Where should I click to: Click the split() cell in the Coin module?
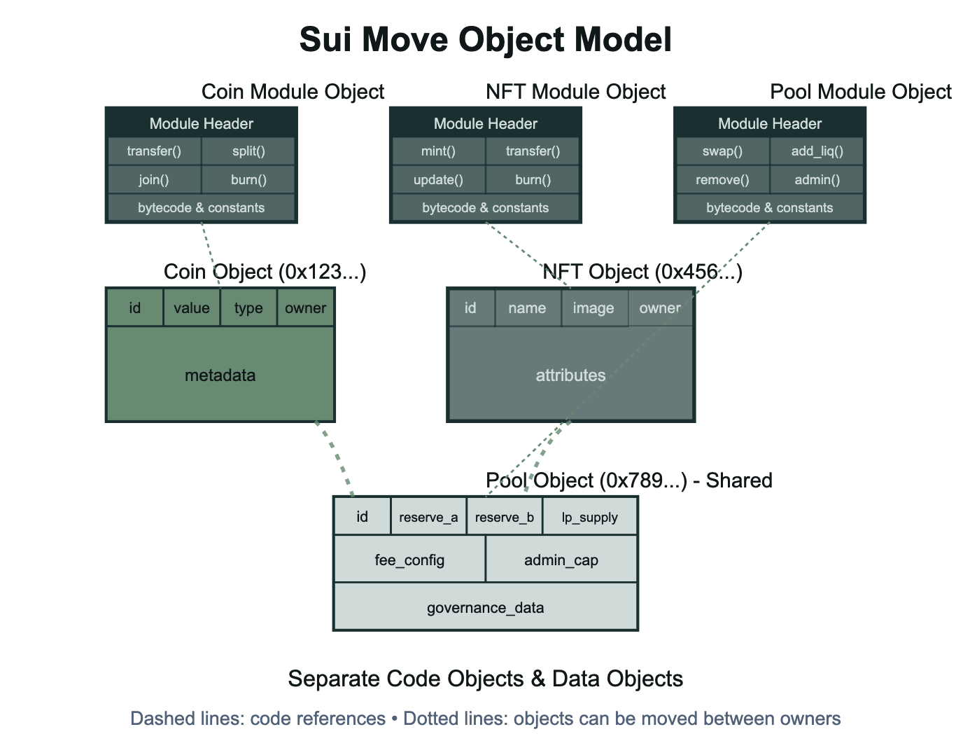point(248,151)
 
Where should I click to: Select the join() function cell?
point(154,180)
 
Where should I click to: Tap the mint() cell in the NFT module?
point(438,151)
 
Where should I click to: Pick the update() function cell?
point(438,180)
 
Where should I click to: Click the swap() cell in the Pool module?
point(722,151)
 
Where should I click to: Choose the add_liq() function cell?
point(817,151)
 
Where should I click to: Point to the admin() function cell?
point(817,180)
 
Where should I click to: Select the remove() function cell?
point(722,180)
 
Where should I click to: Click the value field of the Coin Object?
point(192,308)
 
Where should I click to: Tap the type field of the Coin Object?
point(248,308)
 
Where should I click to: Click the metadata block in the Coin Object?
point(220,375)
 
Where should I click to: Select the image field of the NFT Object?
point(593,308)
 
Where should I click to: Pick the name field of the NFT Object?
point(527,308)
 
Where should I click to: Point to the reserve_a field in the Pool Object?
point(428,518)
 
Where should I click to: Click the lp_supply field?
point(589,518)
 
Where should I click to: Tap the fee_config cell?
point(409,560)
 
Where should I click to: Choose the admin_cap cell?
point(561,560)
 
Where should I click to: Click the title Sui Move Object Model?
point(486,40)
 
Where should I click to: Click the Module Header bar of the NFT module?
point(486,124)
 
